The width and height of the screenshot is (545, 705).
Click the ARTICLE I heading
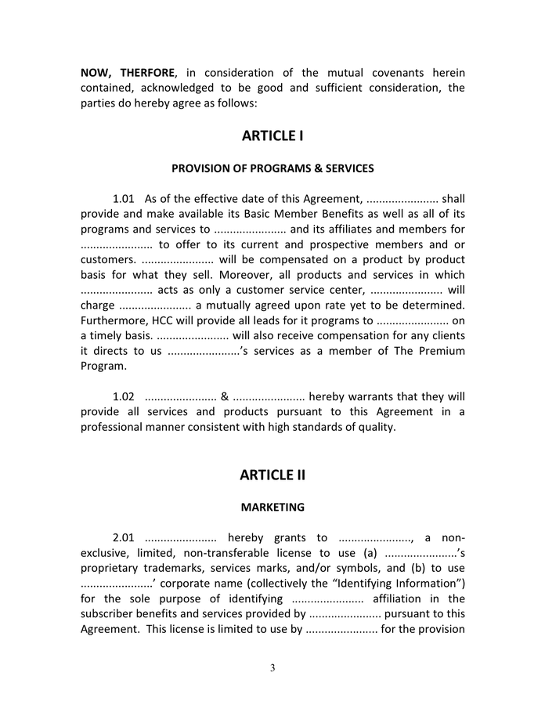click(x=272, y=136)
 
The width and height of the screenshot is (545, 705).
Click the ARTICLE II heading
click(x=272, y=475)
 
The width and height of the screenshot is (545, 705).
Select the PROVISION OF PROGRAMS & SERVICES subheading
click(x=272, y=168)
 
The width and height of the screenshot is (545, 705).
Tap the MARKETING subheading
click(x=272, y=508)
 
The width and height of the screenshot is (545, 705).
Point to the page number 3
click(x=272, y=668)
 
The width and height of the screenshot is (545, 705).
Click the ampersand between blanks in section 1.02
click(x=225, y=396)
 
